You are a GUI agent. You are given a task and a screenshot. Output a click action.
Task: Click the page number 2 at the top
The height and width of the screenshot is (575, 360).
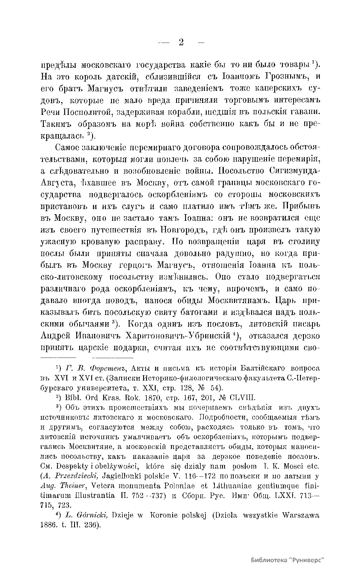[181, 42]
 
